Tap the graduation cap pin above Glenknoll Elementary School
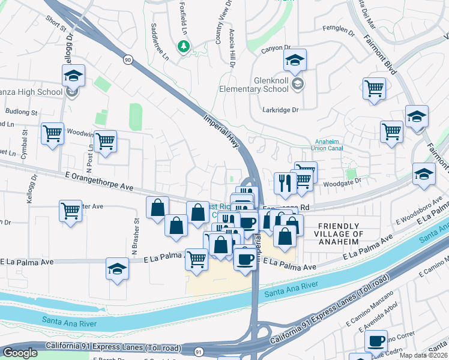pyautogui.click(x=295, y=61)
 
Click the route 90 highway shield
pyautogui.click(x=127, y=59)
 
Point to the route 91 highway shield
pyautogui.click(x=197, y=349)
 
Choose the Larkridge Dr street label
pyautogui.click(x=280, y=110)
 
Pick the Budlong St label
pyautogui.click(x=20, y=112)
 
